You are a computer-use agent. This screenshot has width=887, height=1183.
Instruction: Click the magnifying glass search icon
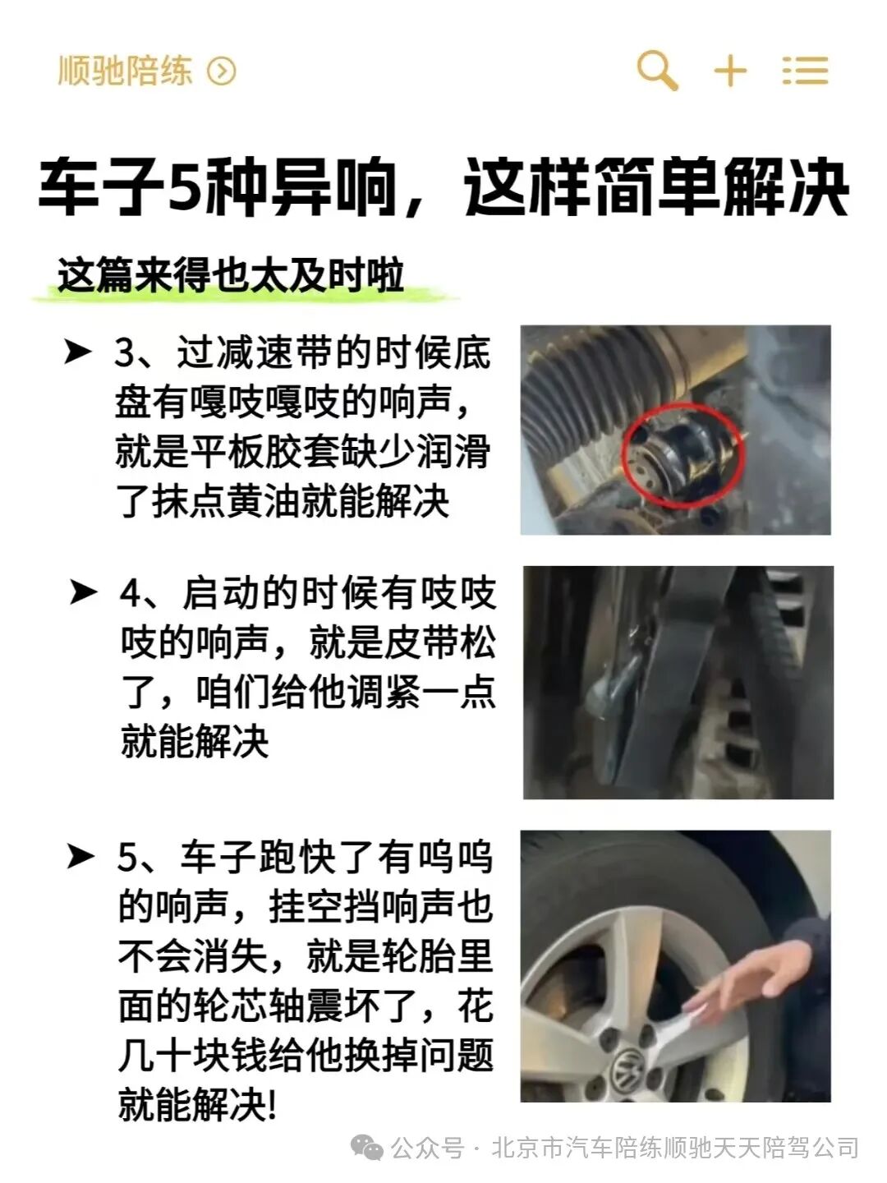[657, 70]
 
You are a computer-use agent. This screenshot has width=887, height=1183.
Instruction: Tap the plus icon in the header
[729, 71]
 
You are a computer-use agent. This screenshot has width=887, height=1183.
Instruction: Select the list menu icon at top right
[805, 71]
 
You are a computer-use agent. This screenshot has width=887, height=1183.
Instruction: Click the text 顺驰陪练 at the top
[125, 71]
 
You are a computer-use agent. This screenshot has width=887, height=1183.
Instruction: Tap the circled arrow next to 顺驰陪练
[221, 71]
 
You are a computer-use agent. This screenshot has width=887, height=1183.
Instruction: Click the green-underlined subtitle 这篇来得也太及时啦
[230, 275]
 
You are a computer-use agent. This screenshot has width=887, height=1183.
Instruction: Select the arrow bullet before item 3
[78, 352]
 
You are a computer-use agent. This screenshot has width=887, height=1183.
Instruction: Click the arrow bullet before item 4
[83, 591]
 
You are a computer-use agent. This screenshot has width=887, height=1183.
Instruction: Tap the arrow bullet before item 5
[80, 857]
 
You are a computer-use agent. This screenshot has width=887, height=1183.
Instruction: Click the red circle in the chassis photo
[682, 454]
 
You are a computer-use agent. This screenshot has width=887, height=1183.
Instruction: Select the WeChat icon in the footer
[366, 1147]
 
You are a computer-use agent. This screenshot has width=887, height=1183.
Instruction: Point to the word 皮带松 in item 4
[440, 642]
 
